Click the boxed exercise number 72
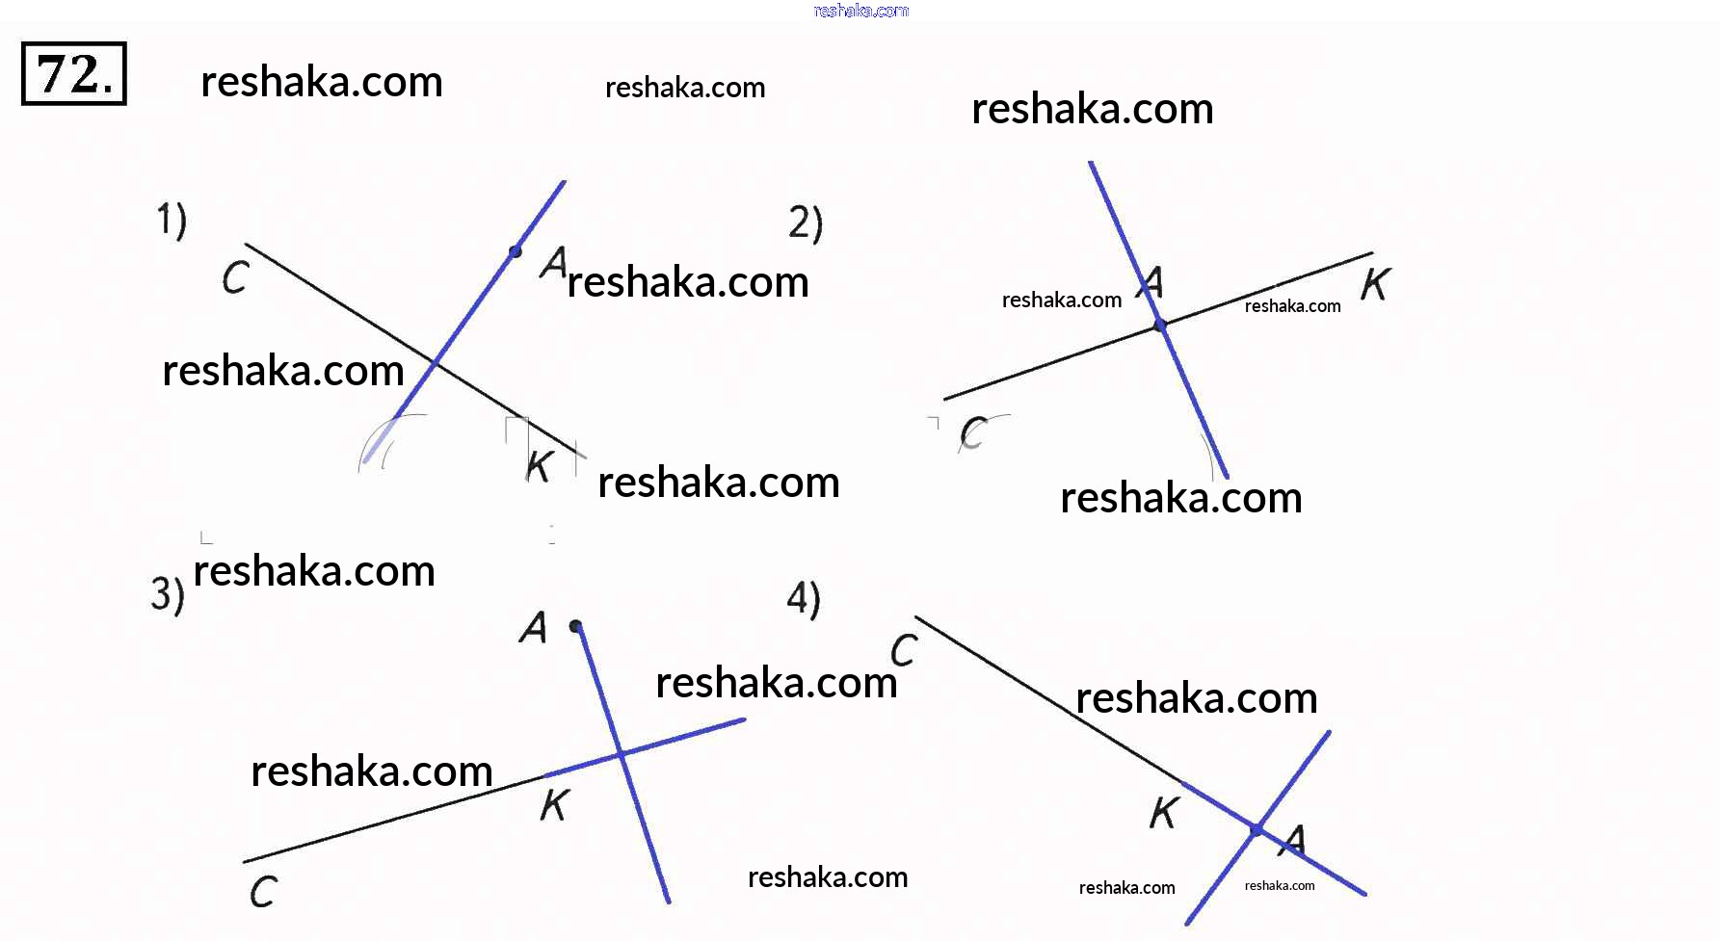tap(74, 74)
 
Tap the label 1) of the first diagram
tap(172, 220)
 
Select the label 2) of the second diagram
tap(806, 222)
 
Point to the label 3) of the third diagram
tap(167, 593)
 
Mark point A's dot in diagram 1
tap(516, 251)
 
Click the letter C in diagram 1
tap(236, 278)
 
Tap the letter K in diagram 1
tap(539, 465)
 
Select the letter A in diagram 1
tap(553, 262)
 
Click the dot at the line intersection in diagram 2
tap(1160, 327)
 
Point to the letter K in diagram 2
tap(1375, 284)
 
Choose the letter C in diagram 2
tap(973, 433)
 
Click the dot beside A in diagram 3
tap(575, 626)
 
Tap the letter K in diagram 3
tap(555, 804)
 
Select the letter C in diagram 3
tap(263, 891)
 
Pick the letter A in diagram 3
tap(533, 628)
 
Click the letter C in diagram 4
tap(904, 650)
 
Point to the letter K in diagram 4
tap(1164, 813)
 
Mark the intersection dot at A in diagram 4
tap(1257, 829)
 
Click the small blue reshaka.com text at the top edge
tap(860, 11)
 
